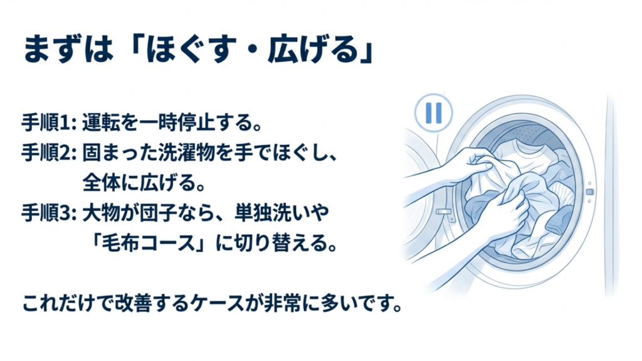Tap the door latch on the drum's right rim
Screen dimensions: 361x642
589,191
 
